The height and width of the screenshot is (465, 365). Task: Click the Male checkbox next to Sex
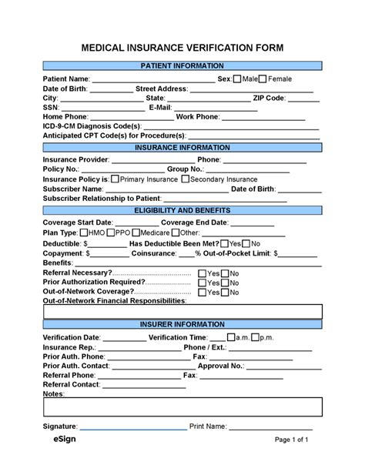238,79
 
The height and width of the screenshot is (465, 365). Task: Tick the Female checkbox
263,79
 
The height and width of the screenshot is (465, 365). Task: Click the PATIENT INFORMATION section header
182,66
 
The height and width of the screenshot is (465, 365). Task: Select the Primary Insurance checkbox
115,179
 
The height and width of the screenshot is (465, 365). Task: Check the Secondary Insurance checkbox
185,179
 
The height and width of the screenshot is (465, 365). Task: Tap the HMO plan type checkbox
84,232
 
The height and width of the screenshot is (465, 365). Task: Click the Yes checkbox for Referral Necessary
202,273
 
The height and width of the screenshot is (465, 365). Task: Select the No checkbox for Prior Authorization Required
225,283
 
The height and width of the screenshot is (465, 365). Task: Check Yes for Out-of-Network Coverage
202,293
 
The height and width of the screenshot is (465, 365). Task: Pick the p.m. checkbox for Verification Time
278,337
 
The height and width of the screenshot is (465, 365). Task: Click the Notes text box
182,407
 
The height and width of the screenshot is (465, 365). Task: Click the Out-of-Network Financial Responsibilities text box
182,310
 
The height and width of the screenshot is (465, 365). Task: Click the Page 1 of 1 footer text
292,440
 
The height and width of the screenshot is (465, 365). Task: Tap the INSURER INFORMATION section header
182,325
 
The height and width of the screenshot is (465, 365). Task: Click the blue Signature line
132,429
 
